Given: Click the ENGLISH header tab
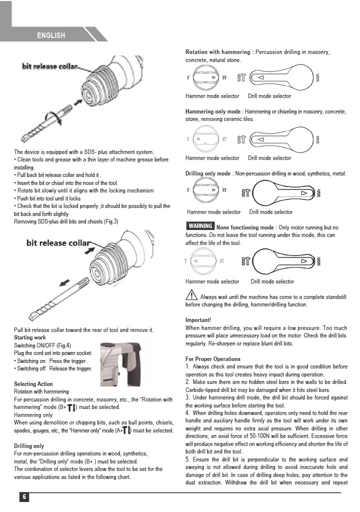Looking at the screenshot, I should pyautogui.click(x=51, y=35).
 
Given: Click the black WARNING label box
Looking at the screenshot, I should pyautogui.click(x=200, y=226).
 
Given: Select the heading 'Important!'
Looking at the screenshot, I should pyautogui.click(x=198, y=319).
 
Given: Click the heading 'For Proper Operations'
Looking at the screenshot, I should pyautogui.click(x=212, y=359).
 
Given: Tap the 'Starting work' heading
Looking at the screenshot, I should pyautogui.click(x=30, y=338).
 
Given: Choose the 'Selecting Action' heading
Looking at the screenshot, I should pyautogui.click(x=33, y=384).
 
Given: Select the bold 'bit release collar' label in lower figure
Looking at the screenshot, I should pyautogui.click(x=58, y=243).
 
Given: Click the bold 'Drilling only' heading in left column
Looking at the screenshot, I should pyautogui.click(x=29, y=446).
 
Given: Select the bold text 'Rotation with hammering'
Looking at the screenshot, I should pyautogui.click(x=217, y=52).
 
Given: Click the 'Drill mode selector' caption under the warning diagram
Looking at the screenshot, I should pyautogui.click(x=272, y=281).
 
